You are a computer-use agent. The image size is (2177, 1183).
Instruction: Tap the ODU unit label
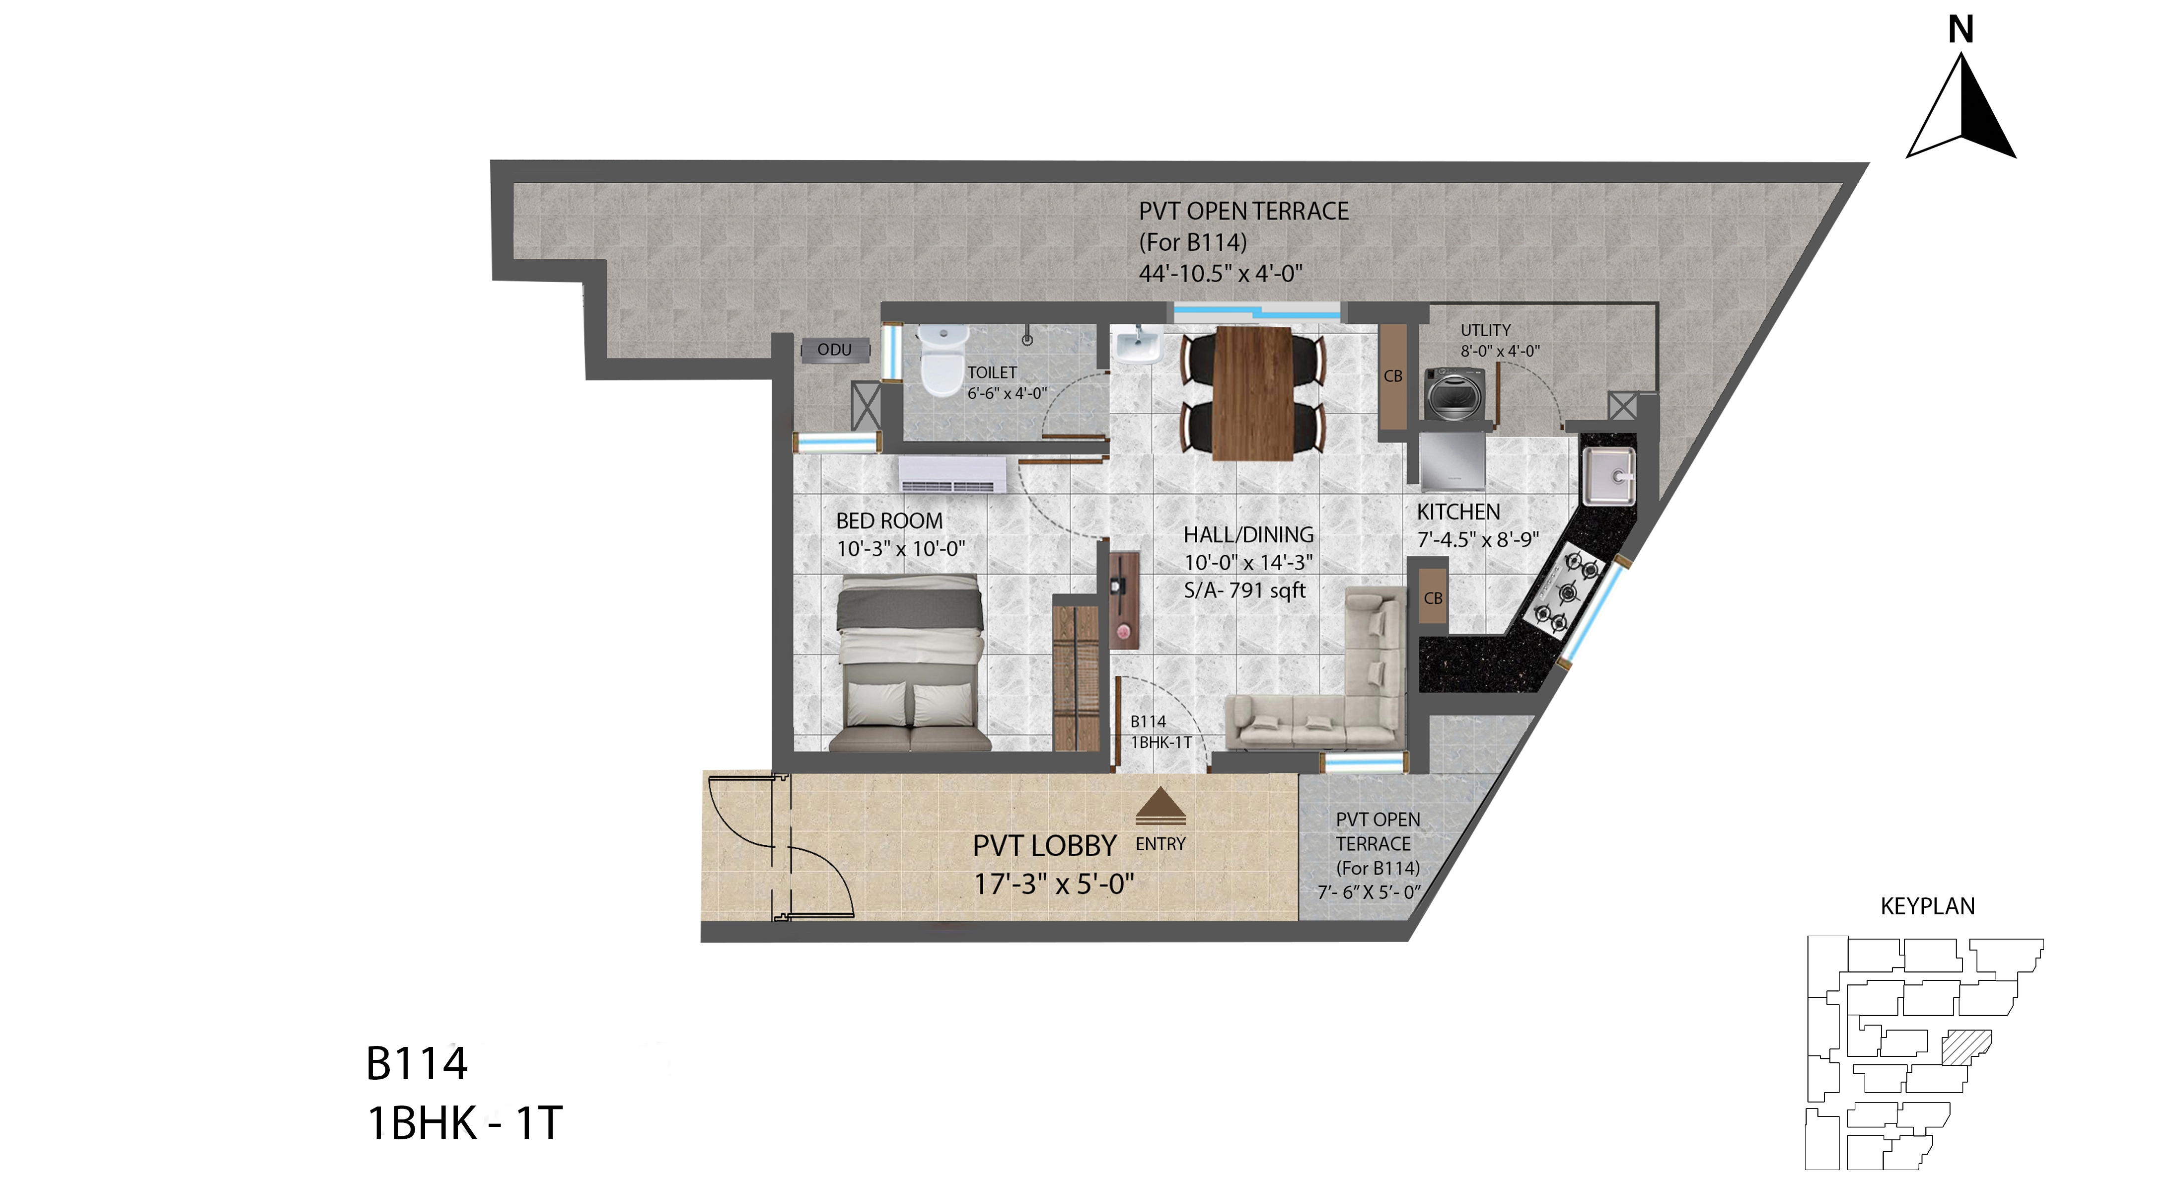(834, 350)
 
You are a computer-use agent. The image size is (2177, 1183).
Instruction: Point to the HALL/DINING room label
(1248, 535)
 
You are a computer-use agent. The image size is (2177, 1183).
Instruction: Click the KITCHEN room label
(1458, 512)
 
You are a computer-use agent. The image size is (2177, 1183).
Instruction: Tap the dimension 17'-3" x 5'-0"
(1054, 884)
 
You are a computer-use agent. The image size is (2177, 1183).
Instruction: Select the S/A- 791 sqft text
(1245, 591)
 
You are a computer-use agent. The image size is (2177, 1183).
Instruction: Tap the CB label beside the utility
(1393, 376)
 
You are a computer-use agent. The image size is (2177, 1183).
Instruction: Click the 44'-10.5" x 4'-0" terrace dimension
(1220, 274)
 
